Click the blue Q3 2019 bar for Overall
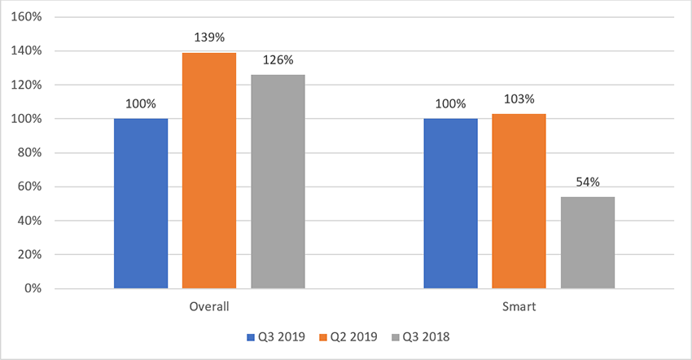tap(141, 204)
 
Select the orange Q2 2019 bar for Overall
tap(209, 170)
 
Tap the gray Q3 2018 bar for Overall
tap(278, 182)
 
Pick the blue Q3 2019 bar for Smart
tap(450, 204)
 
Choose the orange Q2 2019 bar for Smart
tap(519, 201)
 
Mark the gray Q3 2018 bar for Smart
tap(588, 243)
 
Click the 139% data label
tap(209, 37)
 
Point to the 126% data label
tap(278, 60)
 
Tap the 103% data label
tap(519, 99)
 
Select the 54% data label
tap(588, 182)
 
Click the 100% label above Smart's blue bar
tap(450, 103)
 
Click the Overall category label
tap(209, 306)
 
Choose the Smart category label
tap(519, 306)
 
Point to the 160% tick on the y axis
tap(27, 17)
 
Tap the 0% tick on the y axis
tap(33, 288)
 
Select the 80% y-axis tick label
tap(29, 153)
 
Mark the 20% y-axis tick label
tap(29, 254)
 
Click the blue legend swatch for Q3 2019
tap(251, 337)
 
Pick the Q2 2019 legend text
tap(354, 337)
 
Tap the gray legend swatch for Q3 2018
tap(395, 337)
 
